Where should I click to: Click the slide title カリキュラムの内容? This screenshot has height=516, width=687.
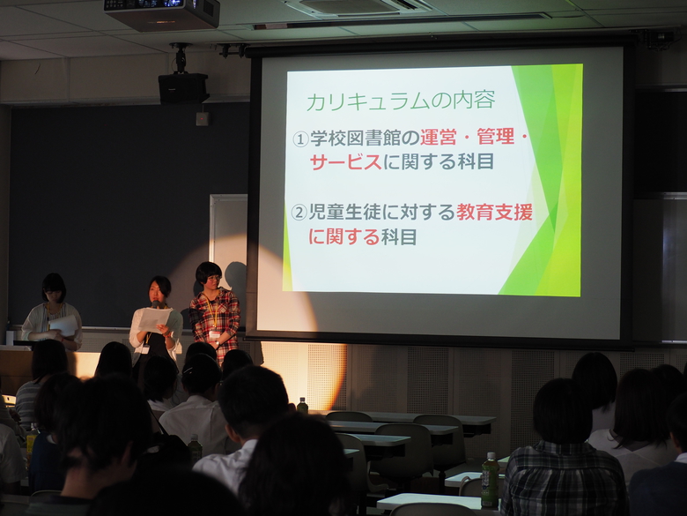(x=401, y=101)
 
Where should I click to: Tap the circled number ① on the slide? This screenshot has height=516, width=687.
(x=300, y=139)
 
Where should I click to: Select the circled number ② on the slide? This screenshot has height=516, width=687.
(x=299, y=213)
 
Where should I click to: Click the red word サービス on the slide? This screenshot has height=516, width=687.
(x=345, y=162)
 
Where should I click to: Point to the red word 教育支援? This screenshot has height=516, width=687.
(x=494, y=213)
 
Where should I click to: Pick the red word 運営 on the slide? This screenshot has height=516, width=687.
(x=439, y=138)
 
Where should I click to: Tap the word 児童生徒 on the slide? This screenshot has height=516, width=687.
(x=344, y=213)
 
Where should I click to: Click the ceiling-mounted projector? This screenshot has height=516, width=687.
(x=162, y=13)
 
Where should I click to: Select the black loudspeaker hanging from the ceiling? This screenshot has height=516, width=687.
(x=183, y=88)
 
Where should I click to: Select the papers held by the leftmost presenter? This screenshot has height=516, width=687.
(x=64, y=325)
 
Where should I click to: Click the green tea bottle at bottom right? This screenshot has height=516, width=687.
(x=490, y=480)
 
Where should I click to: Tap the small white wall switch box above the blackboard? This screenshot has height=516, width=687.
(x=202, y=118)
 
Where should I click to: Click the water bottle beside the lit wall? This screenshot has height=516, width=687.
(x=302, y=406)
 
